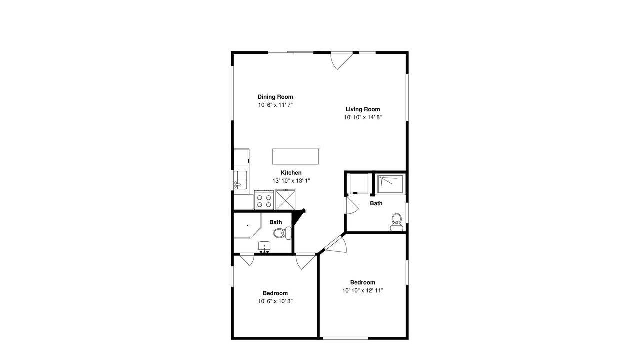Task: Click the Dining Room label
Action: pos(275,97)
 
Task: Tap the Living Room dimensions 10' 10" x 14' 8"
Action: pos(363,117)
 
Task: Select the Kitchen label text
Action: pos(291,173)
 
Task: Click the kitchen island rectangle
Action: pos(295,156)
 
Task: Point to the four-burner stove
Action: pos(264,200)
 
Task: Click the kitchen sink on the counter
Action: pos(240,180)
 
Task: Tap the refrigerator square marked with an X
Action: pos(285,199)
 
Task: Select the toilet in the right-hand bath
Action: pos(397,222)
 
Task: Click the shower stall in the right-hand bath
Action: pos(391,185)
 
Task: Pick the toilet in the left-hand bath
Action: pos(283,233)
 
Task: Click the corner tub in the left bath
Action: pos(247,225)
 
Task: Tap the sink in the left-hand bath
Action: pos(264,247)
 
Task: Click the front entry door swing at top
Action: pos(341,61)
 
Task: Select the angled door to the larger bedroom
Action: pos(336,244)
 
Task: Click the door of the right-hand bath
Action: pos(352,205)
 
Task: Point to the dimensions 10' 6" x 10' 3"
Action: pos(275,301)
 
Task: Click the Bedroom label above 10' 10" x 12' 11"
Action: pos(363,282)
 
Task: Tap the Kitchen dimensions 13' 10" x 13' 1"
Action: pos(291,181)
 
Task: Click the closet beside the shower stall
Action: pos(359,184)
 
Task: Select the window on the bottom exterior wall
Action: pos(345,338)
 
